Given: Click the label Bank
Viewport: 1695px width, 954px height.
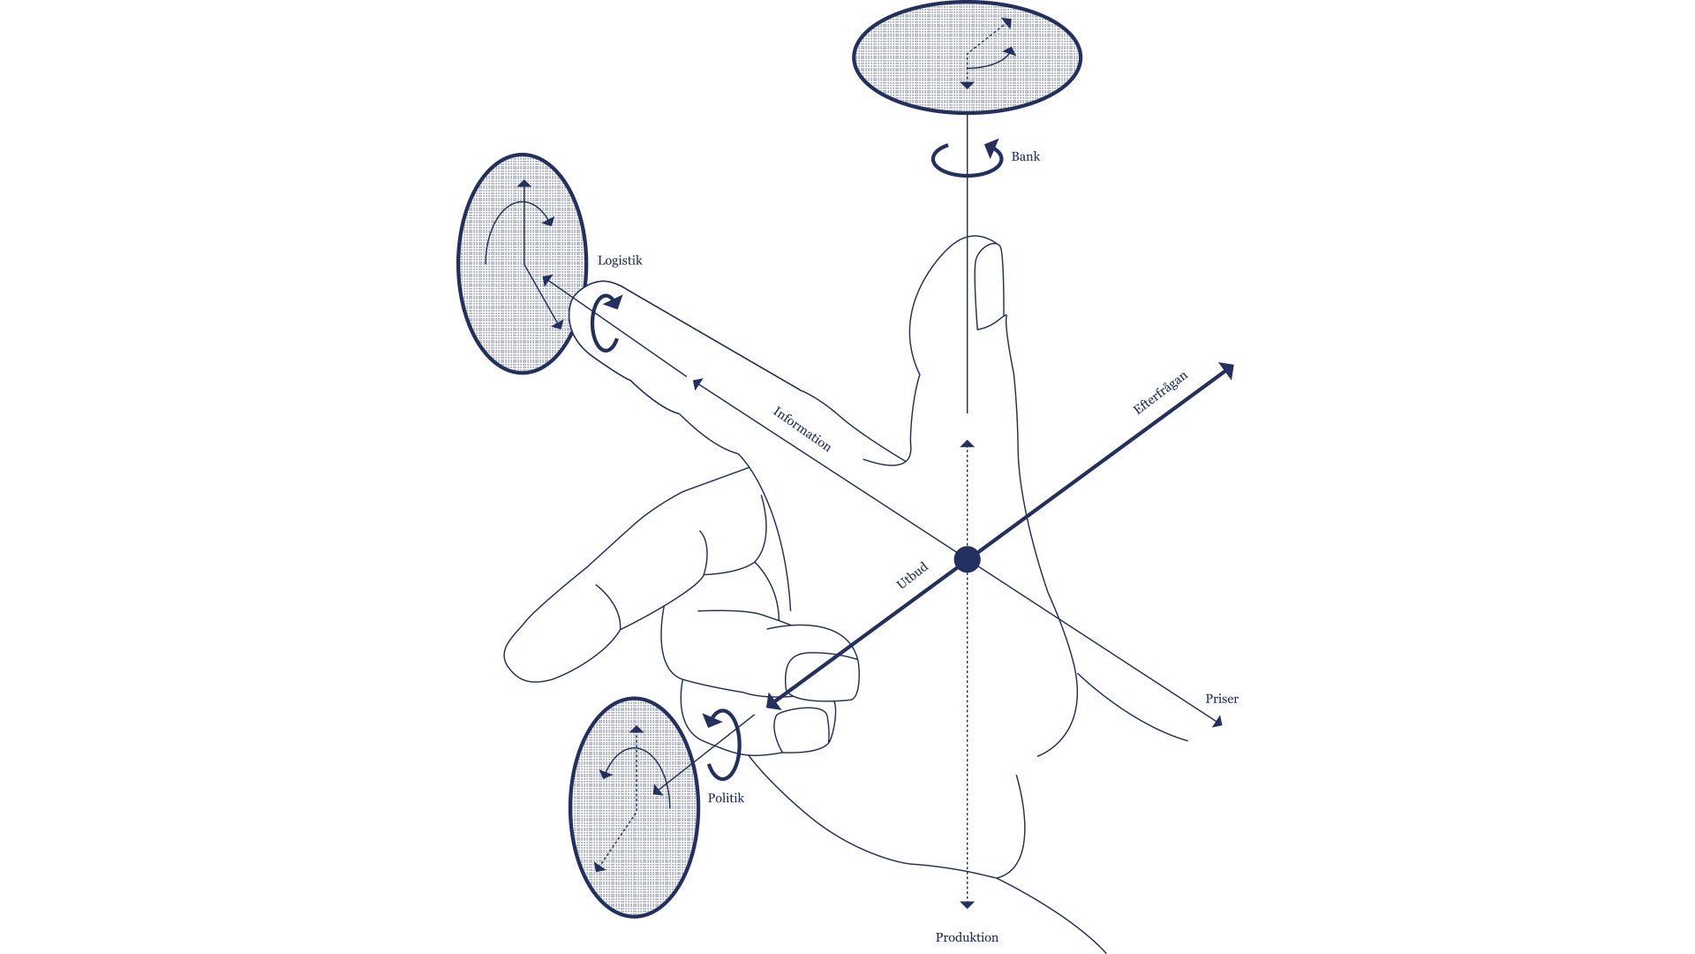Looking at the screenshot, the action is pyautogui.click(x=1025, y=156).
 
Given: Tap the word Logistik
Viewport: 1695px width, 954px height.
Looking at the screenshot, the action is pyautogui.click(x=620, y=261).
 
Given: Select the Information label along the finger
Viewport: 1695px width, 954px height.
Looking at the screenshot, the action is pyautogui.click(x=802, y=428).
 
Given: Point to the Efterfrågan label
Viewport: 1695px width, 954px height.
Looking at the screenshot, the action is pyautogui.click(x=1160, y=392).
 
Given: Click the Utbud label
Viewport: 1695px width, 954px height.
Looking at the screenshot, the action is pyautogui.click(x=912, y=575).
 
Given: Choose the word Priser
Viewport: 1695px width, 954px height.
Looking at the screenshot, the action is pyautogui.click(x=1222, y=699).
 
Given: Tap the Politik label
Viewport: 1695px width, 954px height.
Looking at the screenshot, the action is pyautogui.click(x=726, y=798).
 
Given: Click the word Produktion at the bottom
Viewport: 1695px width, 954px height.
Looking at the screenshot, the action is pyautogui.click(x=967, y=937).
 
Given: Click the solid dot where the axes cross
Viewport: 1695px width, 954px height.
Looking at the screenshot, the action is pyautogui.click(x=968, y=559).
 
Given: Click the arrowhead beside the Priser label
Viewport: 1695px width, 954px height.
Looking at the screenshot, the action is pyautogui.click(x=1217, y=722).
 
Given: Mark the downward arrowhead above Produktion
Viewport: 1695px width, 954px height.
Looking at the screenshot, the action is pyautogui.click(x=967, y=905).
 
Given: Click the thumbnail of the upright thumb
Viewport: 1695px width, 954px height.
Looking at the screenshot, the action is pyautogui.click(x=990, y=287).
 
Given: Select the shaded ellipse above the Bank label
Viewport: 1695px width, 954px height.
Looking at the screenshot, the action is pyautogui.click(x=967, y=57).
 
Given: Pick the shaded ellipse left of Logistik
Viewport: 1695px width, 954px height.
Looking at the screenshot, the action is pyautogui.click(x=522, y=264).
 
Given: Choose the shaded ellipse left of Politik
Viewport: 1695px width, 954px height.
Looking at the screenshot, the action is pyautogui.click(x=634, y=807).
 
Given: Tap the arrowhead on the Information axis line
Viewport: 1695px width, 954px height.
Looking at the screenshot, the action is pyautogui.click(x=697, y=384).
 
